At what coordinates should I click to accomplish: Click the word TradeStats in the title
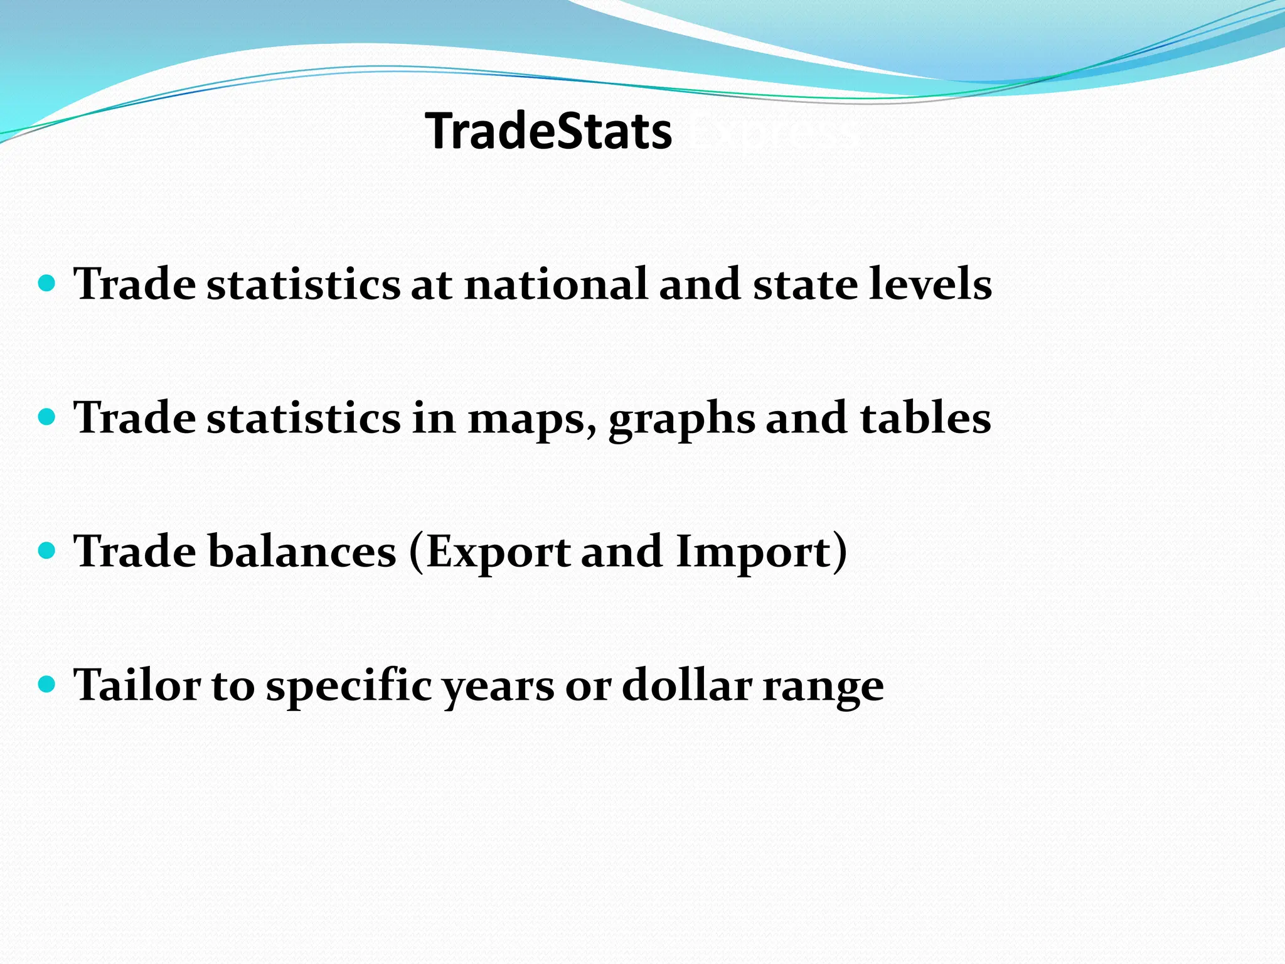(x=548, y=131)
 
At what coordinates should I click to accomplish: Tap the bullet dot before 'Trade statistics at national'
(x=47, y=283)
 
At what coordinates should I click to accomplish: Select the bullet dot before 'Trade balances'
(x=47, y=550)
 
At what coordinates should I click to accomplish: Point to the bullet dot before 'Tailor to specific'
(x=47, y=683)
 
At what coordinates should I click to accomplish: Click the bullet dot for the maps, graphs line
(x=47, y=417)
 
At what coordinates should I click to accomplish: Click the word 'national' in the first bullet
(x=556, y=284)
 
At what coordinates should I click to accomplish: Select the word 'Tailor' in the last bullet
(x=137, y=684)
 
